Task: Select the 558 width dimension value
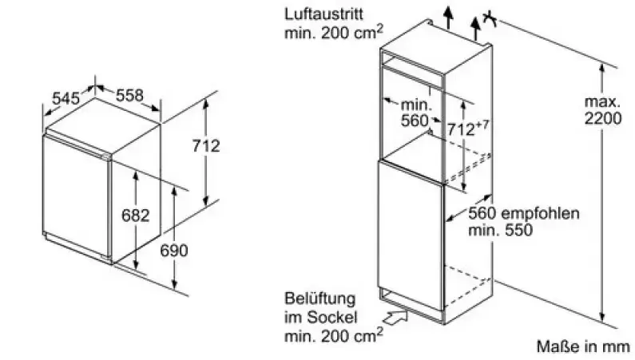tap(130, 95)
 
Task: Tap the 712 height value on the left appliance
tap(206, 146)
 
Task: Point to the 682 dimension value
tap(136, 215)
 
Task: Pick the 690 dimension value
tap(173, 251)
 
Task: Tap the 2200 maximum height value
tap(601, 119)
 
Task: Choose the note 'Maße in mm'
tap(582, 346)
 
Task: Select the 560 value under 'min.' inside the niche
tap(415, 121)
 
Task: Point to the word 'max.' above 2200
tap(602, 102)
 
